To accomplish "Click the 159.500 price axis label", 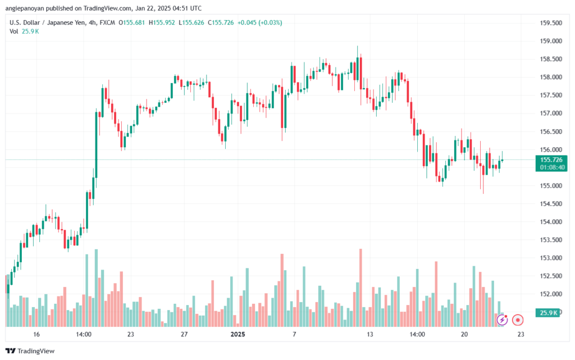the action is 551,23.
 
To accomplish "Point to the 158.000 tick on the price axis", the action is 551,78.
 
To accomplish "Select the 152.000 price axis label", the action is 551,294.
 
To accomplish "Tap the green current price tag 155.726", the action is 551,160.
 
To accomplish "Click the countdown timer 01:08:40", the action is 553,167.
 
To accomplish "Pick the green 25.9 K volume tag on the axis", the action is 548,313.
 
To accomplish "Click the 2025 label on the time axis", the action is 238,334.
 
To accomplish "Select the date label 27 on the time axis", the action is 184,334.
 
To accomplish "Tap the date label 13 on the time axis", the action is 370,334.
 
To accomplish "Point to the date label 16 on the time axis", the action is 36,334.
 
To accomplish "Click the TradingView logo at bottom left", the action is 30,351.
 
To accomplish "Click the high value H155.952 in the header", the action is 162,22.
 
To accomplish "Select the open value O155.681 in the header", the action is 131,22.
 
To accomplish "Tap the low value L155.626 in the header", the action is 191,22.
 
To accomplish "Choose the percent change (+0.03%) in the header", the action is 270,22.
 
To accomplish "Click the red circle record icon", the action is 518,320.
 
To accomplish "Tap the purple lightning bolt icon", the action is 502,320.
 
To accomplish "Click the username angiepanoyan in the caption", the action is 25,8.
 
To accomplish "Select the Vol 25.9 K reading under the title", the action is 24,31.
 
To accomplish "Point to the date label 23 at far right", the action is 521,334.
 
